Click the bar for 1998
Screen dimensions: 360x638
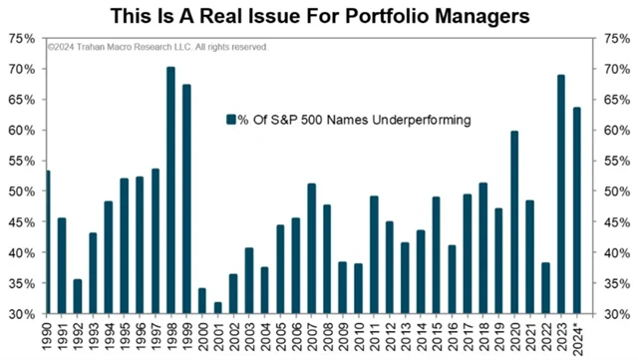click(x=170, y=189)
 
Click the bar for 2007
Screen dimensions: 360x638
click(x=311, y=248)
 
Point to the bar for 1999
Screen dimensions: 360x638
click(x=186, y=198)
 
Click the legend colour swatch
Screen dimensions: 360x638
click(x=230, y=120)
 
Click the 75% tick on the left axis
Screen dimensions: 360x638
click(x=22, y=38)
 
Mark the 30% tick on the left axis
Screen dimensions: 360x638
click(x=22, y=314)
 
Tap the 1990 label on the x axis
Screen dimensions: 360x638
click(x=48, y=336)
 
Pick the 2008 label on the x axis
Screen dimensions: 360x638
click(x=328, y=336)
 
